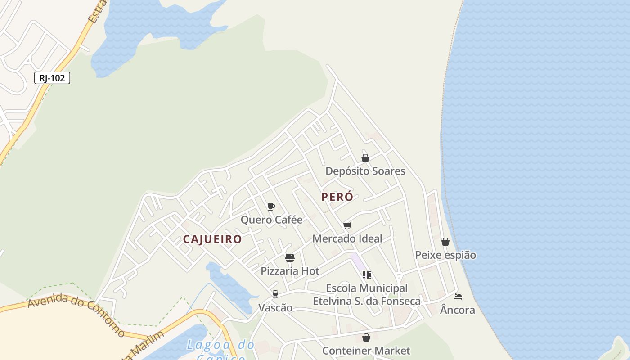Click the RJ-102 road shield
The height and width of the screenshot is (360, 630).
pos(52,78)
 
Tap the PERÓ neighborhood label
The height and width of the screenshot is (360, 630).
pos(337,197)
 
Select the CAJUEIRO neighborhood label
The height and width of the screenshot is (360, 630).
pos(212,239)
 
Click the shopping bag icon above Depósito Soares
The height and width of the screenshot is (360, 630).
pos(365,158)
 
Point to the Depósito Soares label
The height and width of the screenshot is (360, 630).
pos(365,171)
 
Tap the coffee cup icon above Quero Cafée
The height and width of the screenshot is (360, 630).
pos(271,207)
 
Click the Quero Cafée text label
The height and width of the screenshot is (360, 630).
pos(271,220)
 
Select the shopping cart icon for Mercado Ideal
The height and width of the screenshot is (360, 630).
pos(347,226)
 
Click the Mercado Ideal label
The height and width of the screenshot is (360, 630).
pos(347,238)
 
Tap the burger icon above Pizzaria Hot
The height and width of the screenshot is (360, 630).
pos(290,258)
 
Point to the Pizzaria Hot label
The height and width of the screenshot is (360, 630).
pos(290,271)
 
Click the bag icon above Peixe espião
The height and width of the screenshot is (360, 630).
pos(445,242)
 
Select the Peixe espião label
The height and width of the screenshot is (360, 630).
pos(445,255)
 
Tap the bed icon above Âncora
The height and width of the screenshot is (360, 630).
pos(458,297)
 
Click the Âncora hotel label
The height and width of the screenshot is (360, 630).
pos(458,310)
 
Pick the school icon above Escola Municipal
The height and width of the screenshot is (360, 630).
pos(367,275)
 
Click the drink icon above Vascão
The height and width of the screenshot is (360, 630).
pos(275,294)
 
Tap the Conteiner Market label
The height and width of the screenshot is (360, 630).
pos(366,351)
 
